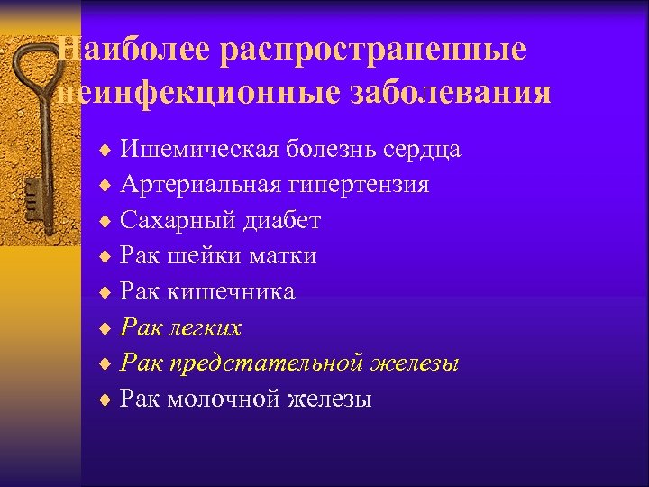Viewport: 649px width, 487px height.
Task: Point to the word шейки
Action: tap(195, 256)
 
